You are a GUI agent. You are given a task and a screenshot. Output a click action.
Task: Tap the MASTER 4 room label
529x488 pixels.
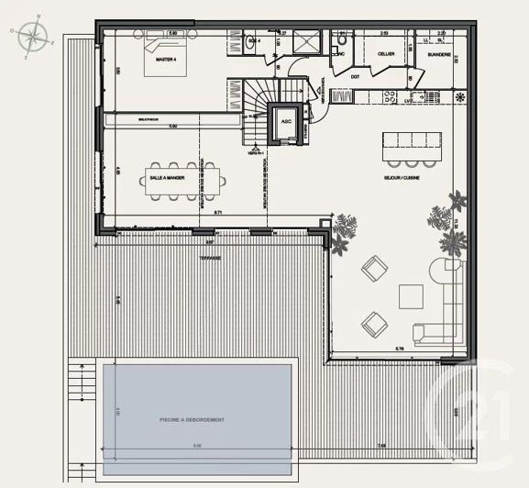tap(166, 60)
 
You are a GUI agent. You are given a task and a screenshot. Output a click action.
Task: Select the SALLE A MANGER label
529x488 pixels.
tap(167, 166)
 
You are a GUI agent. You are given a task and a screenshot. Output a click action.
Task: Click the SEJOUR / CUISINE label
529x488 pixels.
tap(402, 177)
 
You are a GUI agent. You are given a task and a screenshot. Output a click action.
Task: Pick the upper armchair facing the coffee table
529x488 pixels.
tap(374, 269)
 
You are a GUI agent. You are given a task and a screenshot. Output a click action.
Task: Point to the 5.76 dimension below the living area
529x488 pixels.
tap(400, 349)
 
